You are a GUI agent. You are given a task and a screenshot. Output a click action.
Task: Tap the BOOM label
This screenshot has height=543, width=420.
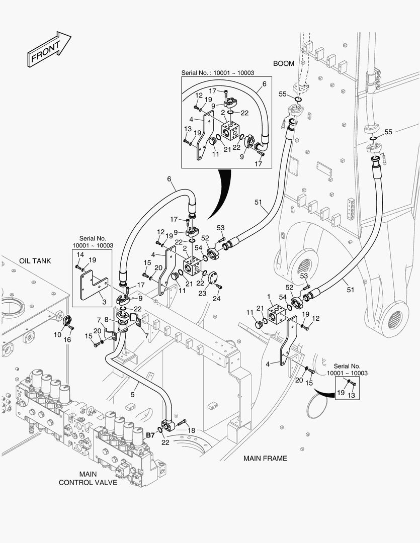pos(284,64)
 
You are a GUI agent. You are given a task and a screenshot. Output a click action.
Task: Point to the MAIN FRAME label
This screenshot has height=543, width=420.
pos(265,458)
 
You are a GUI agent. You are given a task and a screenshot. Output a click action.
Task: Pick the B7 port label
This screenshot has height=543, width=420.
pos(150,435)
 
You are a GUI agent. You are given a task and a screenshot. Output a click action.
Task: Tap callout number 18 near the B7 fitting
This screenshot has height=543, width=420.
pos(191,431)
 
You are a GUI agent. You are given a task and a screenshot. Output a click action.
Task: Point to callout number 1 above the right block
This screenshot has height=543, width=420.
pos(269,297)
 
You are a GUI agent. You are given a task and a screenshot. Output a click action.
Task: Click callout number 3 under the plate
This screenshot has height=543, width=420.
pos(104,302)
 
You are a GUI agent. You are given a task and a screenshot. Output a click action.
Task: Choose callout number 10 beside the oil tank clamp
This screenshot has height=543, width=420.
pos(58,334)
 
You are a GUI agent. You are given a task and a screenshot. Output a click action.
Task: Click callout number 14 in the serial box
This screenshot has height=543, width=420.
pos(78,254)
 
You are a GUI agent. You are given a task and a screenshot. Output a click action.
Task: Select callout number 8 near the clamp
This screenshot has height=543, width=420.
pos(106,319)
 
